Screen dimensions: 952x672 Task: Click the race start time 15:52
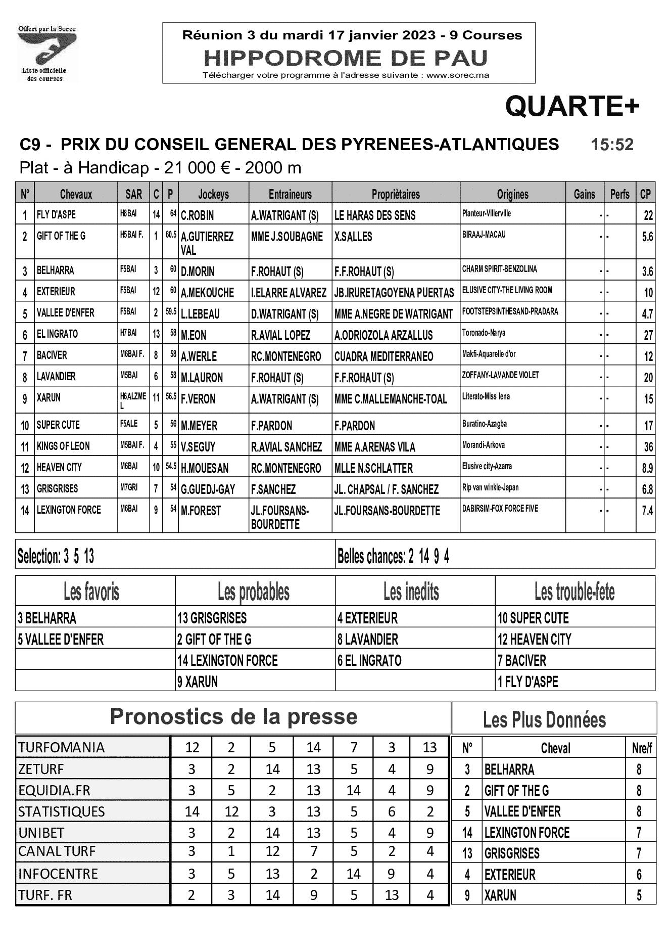[x=612, y=145]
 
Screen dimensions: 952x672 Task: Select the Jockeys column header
[x=213, y=194]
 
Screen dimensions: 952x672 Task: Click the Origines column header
[x=512, y=194]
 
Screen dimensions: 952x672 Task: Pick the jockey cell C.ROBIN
[x=198, y=215]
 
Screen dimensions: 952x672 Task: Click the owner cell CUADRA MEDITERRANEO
[x=383, y=356]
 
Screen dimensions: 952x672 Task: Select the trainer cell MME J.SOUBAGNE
[x=286, y=237]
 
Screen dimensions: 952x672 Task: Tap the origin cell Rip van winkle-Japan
[x=490, y=488]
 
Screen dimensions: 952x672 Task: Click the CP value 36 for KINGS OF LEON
[x=648, y=447]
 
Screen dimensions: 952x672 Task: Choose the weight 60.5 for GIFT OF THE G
[x=170, y=235]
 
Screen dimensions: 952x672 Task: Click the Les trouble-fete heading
[x=574, y=591]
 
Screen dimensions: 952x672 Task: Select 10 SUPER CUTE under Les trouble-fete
[x=533, y=618]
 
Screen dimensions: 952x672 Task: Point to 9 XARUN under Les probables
[x=197, y=682]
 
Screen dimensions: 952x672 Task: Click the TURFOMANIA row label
[x=62, y=747]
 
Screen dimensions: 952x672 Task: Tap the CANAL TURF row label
[x=57, y=851]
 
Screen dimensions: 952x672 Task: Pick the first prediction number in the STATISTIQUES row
[x=192, y=811]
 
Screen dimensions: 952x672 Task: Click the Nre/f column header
[x=642, y=748]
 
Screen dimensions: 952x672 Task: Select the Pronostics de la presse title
[x=233, y=717]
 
